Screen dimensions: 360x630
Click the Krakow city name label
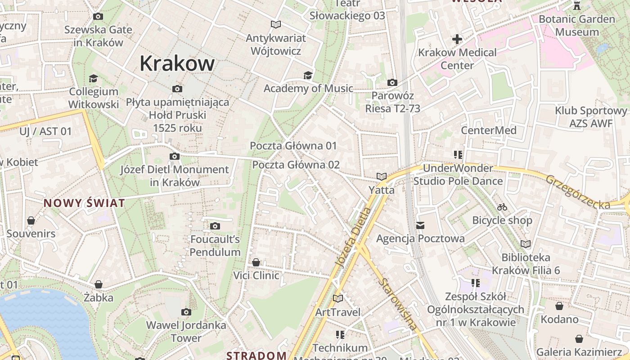[177, 63]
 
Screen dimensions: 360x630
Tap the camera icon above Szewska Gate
[98, 17]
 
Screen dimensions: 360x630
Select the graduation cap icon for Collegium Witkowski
[93, 78]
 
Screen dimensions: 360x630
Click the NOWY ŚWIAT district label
[84, 203]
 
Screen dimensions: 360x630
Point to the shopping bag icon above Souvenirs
[31, 220]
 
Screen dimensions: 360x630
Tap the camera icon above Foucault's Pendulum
[215, 226]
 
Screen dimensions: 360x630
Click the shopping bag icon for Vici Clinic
[256, 262]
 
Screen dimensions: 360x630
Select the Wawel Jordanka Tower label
[186, 331]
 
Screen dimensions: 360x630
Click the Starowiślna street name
[399, 304]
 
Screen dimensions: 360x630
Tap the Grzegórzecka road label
[578, 192]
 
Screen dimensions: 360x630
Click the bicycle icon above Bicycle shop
[502, 207]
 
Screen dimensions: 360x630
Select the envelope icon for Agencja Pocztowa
[420, 225]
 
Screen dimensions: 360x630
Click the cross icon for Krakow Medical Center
[457, 39]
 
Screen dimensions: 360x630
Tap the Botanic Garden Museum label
[577, 26]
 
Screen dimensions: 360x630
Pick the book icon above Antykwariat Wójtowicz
[276, 24]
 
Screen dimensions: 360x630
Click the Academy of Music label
[308, 88]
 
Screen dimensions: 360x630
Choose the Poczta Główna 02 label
[296, 165]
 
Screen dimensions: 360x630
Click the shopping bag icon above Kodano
[559, 306]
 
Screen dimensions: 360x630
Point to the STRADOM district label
[256, 355]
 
